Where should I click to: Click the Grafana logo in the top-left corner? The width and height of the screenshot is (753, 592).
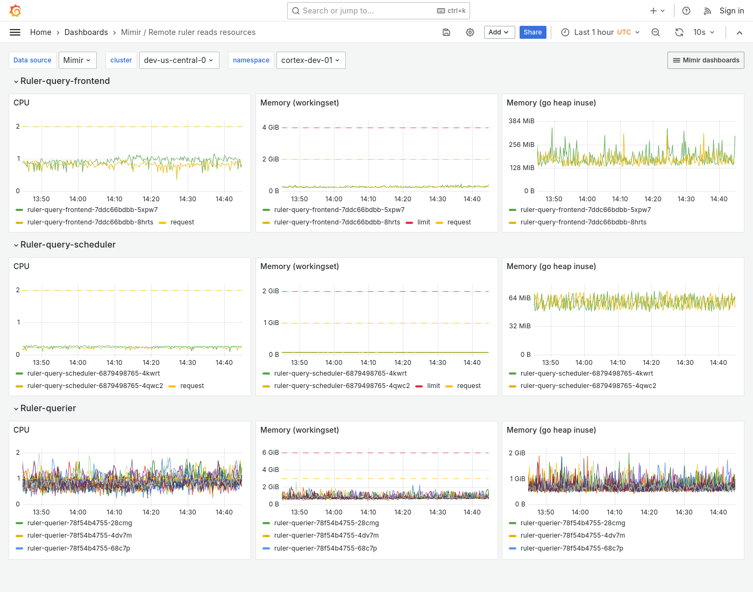16,11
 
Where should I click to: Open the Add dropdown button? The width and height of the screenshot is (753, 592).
499,32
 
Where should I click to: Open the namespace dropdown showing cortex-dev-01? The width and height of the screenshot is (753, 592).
310,60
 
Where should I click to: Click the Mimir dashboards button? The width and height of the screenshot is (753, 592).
706,60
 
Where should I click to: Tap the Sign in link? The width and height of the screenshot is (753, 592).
731,11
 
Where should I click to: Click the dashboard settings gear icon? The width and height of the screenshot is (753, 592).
470,32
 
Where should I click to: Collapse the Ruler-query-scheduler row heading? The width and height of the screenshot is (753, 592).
68,244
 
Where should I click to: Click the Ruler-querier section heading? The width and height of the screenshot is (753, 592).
48,408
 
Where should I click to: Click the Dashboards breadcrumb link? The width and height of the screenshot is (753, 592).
86,32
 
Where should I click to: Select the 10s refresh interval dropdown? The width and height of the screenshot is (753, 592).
704,32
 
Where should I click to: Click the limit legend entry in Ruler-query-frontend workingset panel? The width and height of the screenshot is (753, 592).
423,222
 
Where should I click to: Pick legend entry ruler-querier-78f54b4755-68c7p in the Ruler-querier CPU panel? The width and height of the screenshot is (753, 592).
79,548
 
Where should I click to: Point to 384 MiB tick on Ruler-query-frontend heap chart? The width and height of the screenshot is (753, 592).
521,121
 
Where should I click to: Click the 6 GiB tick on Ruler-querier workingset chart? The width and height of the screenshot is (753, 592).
271,453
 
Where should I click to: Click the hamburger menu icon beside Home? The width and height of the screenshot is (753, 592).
15,32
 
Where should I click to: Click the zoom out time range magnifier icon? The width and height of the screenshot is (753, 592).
656,32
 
